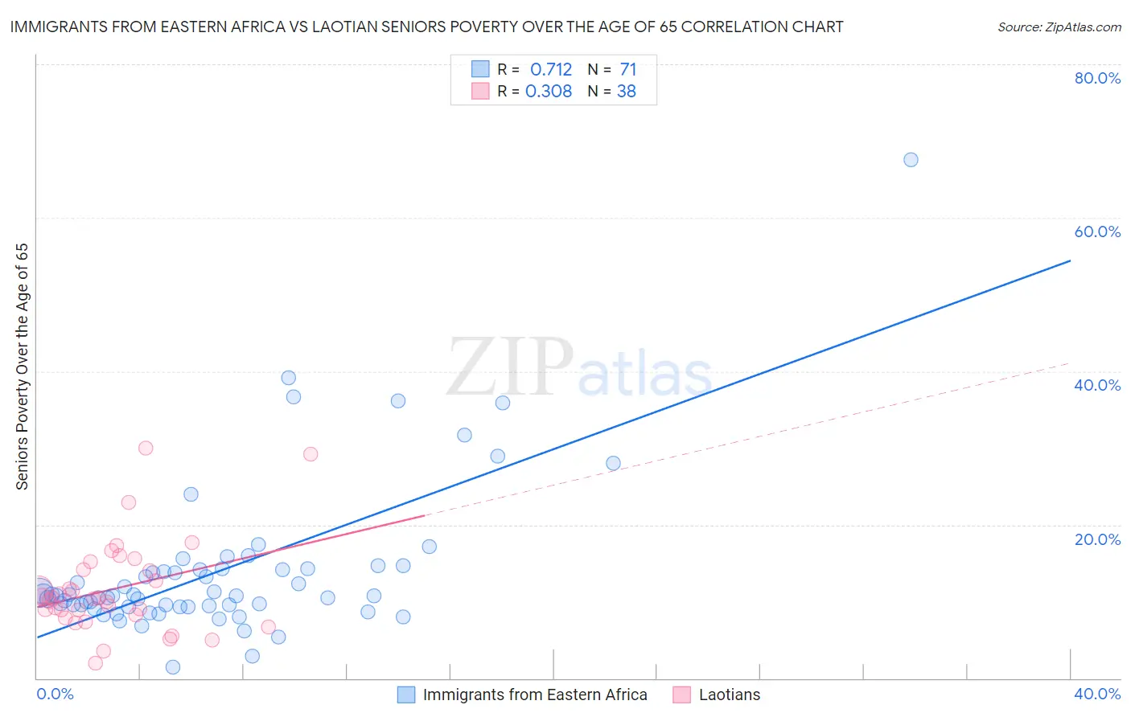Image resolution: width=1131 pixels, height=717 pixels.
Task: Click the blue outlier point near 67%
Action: pos(911,160)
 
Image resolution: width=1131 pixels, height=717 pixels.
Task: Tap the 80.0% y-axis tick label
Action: pos(1097,78)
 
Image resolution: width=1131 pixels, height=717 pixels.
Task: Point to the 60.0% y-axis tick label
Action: pos(1097,231)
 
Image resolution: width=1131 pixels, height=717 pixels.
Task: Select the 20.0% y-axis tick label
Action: pos(1097,539)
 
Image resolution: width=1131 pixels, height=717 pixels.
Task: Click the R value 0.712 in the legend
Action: pos(551,70)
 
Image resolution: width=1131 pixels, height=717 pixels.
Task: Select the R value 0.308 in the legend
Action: pos(549,92)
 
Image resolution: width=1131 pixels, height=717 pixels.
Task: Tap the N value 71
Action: pos(628,70)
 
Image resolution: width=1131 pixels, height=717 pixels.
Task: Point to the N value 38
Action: pos(627,92)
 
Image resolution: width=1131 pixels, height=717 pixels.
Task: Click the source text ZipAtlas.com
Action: pos(1059,27)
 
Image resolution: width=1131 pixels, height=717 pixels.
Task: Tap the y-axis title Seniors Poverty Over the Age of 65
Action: pos(23,367)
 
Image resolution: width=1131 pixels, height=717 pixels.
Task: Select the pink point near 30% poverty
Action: pos(146,449)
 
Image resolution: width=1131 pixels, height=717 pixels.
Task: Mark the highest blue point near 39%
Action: pos(289,378)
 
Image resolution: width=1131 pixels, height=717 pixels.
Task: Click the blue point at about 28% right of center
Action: pos(613,463)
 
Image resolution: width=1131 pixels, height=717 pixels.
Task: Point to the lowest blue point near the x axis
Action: pos(173,667)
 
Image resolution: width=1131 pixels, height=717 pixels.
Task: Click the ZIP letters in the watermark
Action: pos(510,367)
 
